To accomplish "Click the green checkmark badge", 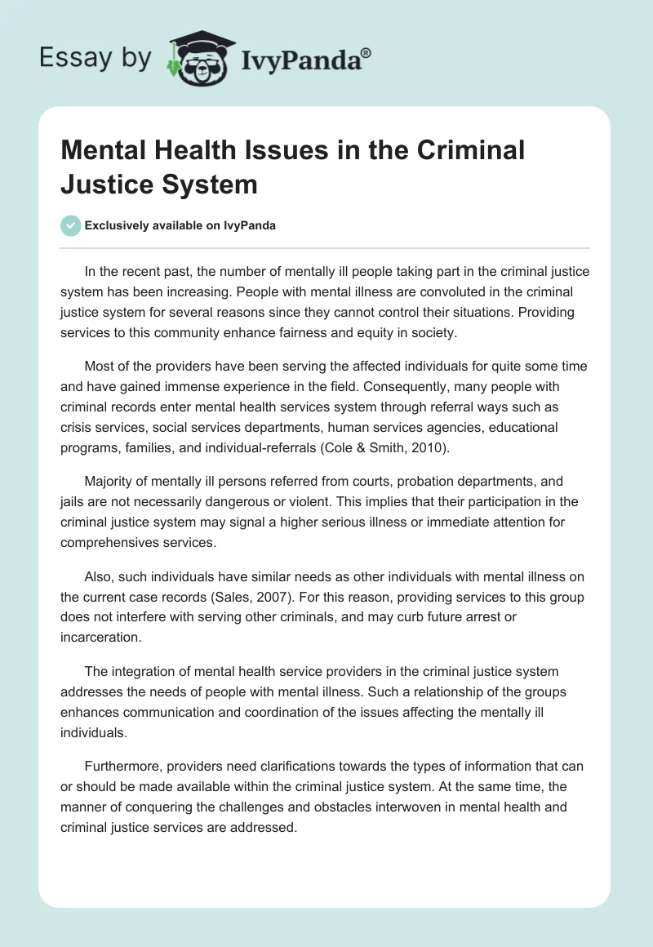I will pyautogui.click(x=71, y=225).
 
